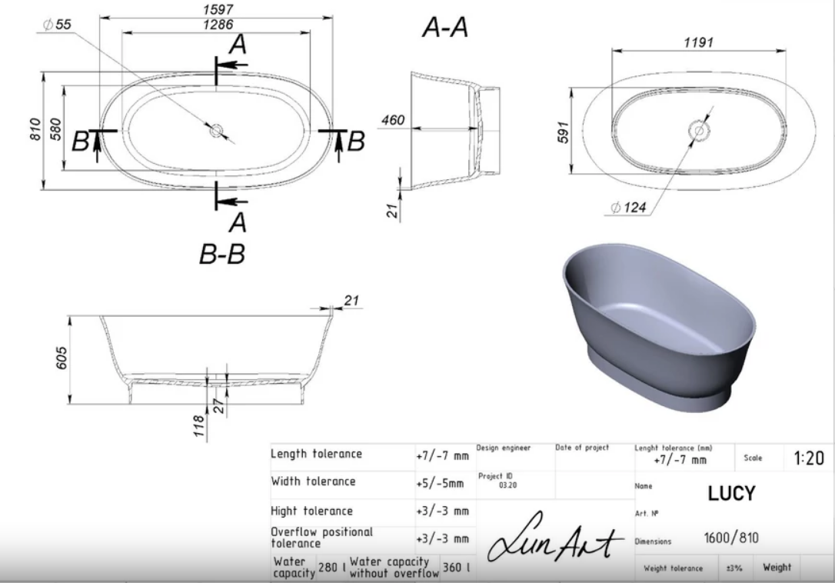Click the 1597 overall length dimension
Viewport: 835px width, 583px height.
[x=218, y=9]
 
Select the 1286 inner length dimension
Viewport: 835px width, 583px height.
[x=218, y=25]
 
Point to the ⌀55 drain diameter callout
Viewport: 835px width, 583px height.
[x=57, y=25]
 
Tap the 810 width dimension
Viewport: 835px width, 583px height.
[x=35, y=129]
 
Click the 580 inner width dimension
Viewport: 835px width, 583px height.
[x=55, y=129]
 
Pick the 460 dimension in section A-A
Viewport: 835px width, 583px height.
[x=393, y=121]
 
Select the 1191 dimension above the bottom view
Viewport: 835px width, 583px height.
[x=698, y=42]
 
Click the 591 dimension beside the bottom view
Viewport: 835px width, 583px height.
[x=564, y=133]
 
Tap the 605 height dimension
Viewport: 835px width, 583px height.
[x=62, y=358]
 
